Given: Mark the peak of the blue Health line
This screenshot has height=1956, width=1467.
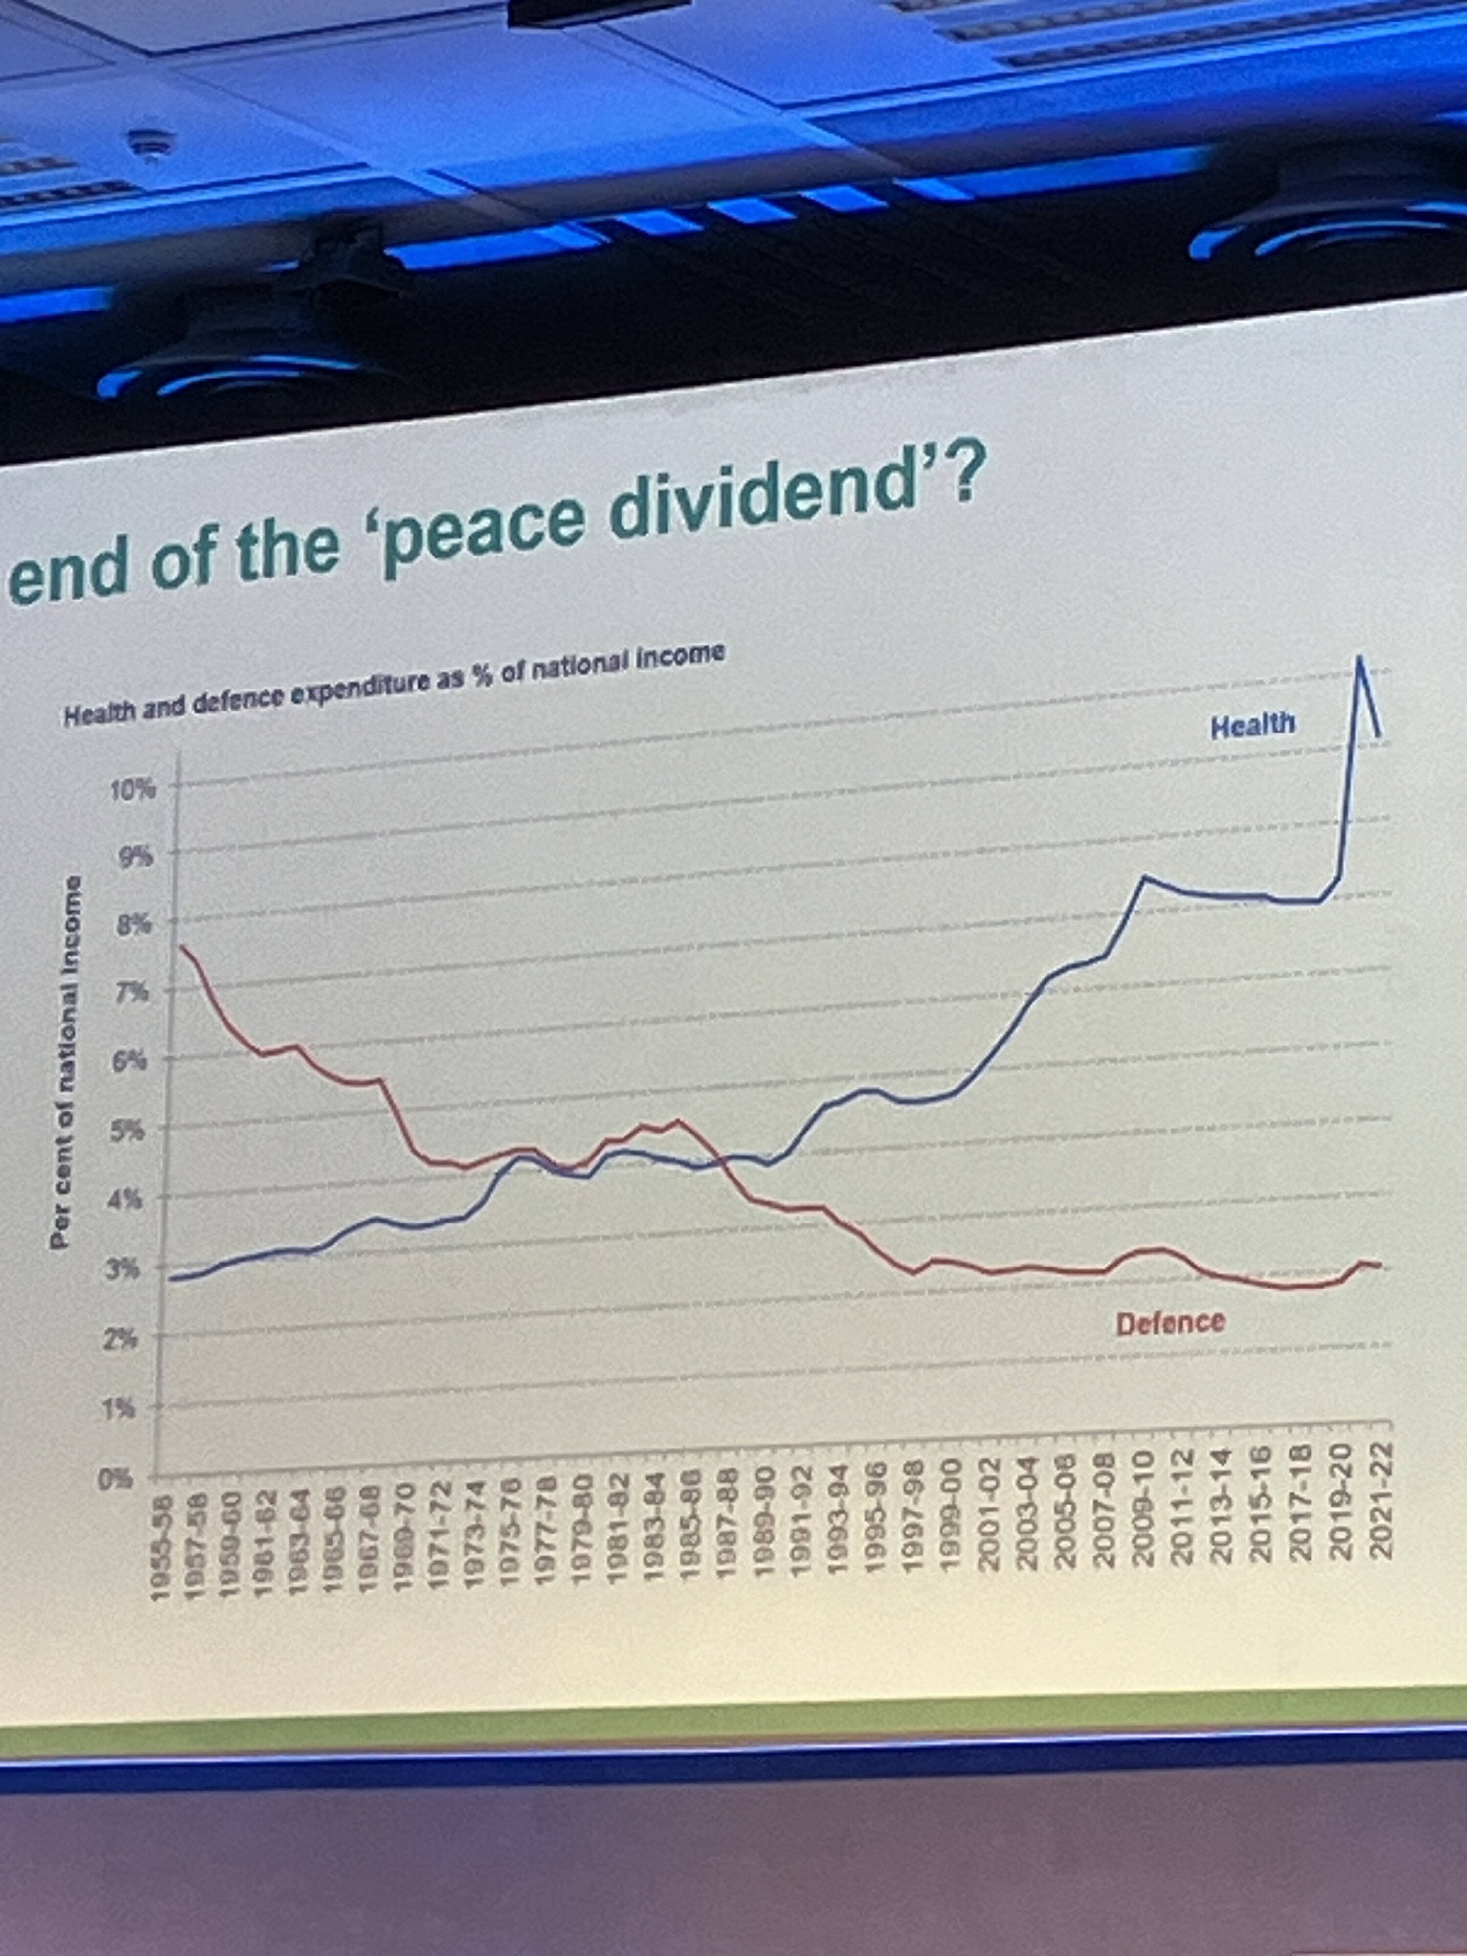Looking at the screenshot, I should (x=1359, y=657).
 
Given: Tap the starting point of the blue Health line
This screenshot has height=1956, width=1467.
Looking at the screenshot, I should (x=171, y=1278).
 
